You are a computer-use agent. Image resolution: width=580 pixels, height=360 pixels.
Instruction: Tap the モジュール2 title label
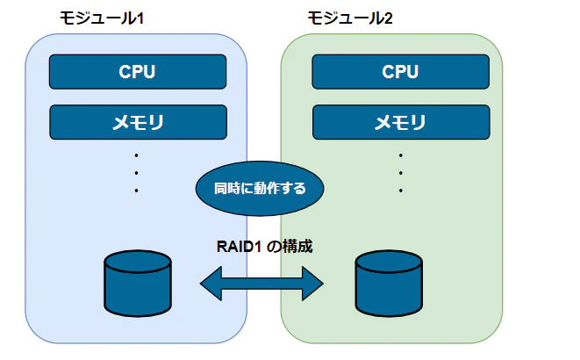click(350, 18)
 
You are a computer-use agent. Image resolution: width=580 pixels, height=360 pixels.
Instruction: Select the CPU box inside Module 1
click(137, 72)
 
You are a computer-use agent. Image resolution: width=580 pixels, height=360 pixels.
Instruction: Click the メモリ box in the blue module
click(137, 123)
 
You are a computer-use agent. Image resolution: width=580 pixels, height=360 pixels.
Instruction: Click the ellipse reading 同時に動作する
click(260, 188)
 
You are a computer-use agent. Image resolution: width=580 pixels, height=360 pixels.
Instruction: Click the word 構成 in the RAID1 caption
click(297, 247)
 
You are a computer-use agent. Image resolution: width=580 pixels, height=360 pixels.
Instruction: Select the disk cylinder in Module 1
click(137, 284)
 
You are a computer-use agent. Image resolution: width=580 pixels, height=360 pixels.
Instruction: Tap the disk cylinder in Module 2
click(389, 284)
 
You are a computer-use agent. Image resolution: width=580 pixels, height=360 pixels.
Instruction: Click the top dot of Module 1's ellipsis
click(137, 155)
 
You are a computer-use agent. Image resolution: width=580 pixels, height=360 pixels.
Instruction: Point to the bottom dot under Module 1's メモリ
click(137, 190)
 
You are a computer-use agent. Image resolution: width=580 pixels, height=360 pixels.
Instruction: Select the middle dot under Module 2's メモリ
click(401, 172)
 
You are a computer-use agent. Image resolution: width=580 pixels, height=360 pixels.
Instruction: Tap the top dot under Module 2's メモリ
click(401, 155)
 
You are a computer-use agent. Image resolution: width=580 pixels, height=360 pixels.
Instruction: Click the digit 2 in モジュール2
click(389, 18)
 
